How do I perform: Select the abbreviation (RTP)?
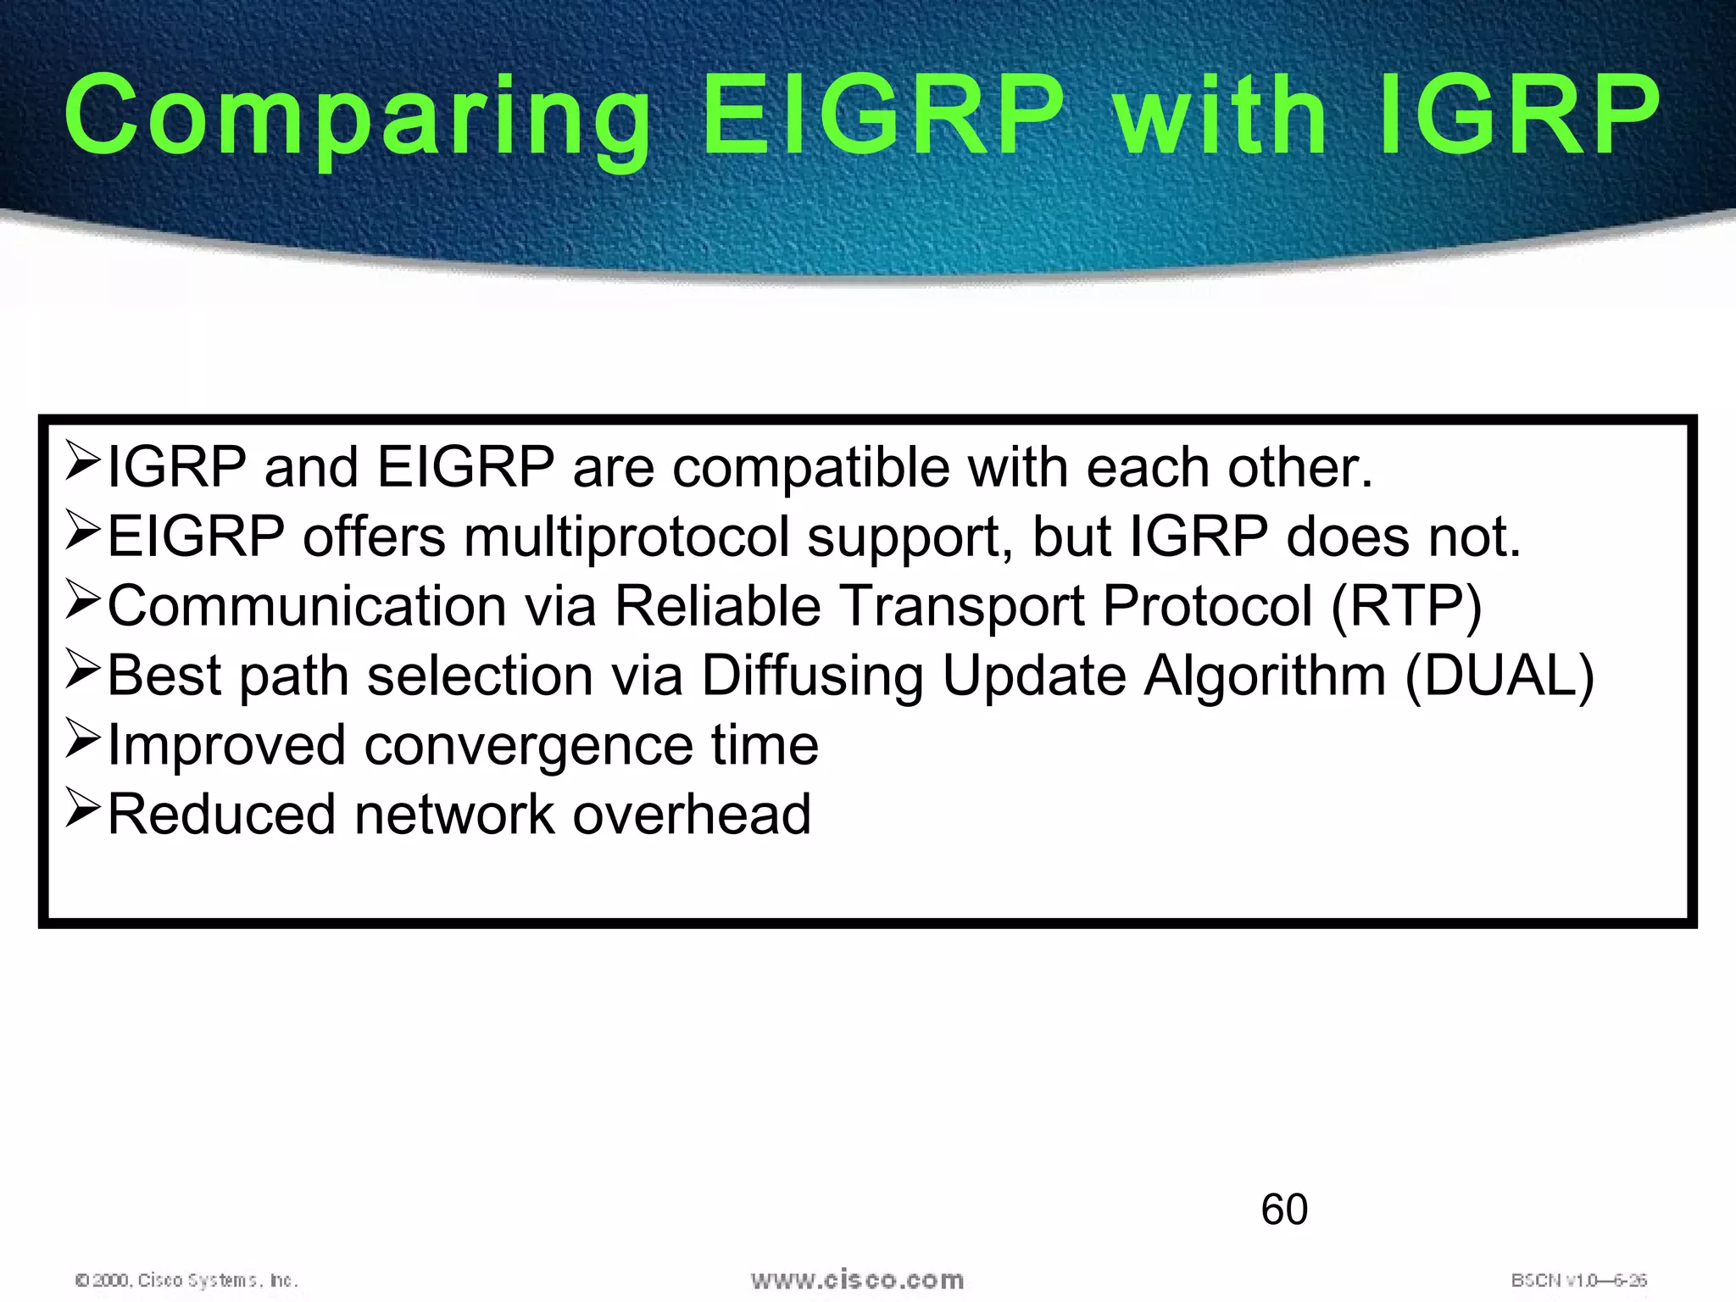coord(1406,607)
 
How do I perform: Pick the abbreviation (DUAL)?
coord(1500,676)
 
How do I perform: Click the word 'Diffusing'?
coord(812,676)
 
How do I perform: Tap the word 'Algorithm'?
coord(1265,676)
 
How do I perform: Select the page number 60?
coord(1283,1210)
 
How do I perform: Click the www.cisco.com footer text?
coord(857,1280)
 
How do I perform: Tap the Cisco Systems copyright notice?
coord(186,1280)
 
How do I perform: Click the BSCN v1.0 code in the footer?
coord(1577,1280)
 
